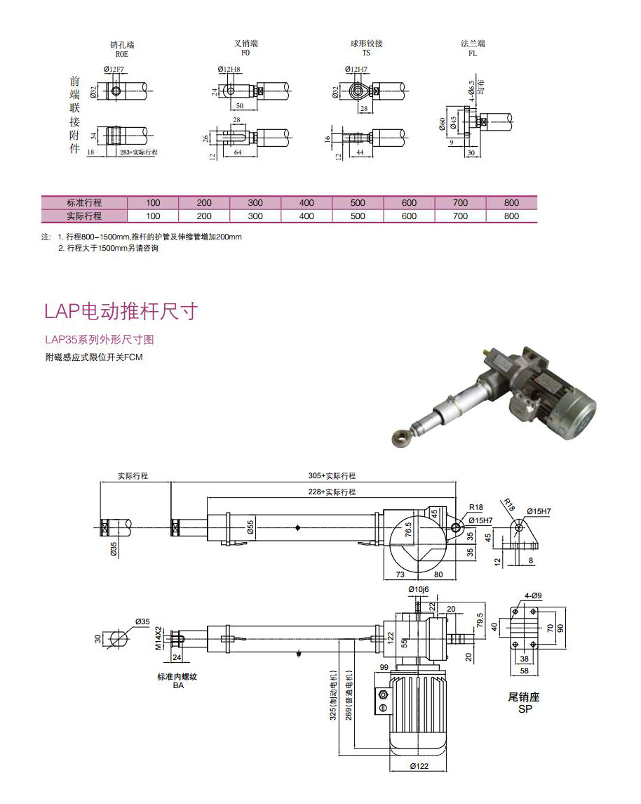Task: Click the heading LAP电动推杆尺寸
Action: click(121, 311)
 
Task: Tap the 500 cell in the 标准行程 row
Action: click(358, 203)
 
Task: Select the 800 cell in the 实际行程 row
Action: click(511, 216)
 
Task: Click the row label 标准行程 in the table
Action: click(83, 203)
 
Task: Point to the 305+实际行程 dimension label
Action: click(332, 476)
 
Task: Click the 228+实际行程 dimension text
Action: click(332, 492)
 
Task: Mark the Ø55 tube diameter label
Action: click(250, 527)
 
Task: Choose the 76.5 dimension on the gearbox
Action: click(408, 529)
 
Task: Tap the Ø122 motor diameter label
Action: click(419, 766)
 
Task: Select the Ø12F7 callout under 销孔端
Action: click(114, 69)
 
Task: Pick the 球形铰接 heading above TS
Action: click(366, 44)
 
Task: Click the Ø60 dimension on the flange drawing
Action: click(443, 124)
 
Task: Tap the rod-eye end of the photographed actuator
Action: click(400, 438)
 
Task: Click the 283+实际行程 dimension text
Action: click(139, 152)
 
